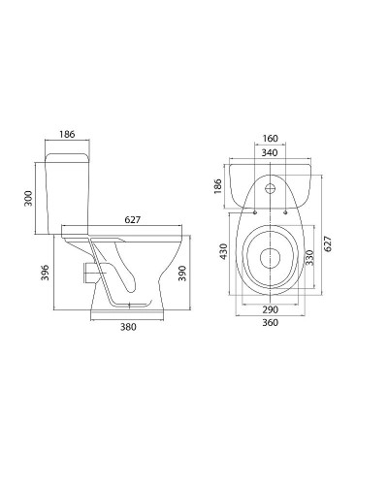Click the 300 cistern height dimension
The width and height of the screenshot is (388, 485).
click(x=28, y=198)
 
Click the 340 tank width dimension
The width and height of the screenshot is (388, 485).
click(x=270, y=152)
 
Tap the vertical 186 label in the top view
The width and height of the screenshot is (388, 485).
click(x=219, y=184)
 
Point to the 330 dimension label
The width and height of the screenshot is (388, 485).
click(x=309, y=255)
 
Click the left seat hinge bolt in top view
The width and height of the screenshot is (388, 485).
click(x=252, y=210)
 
